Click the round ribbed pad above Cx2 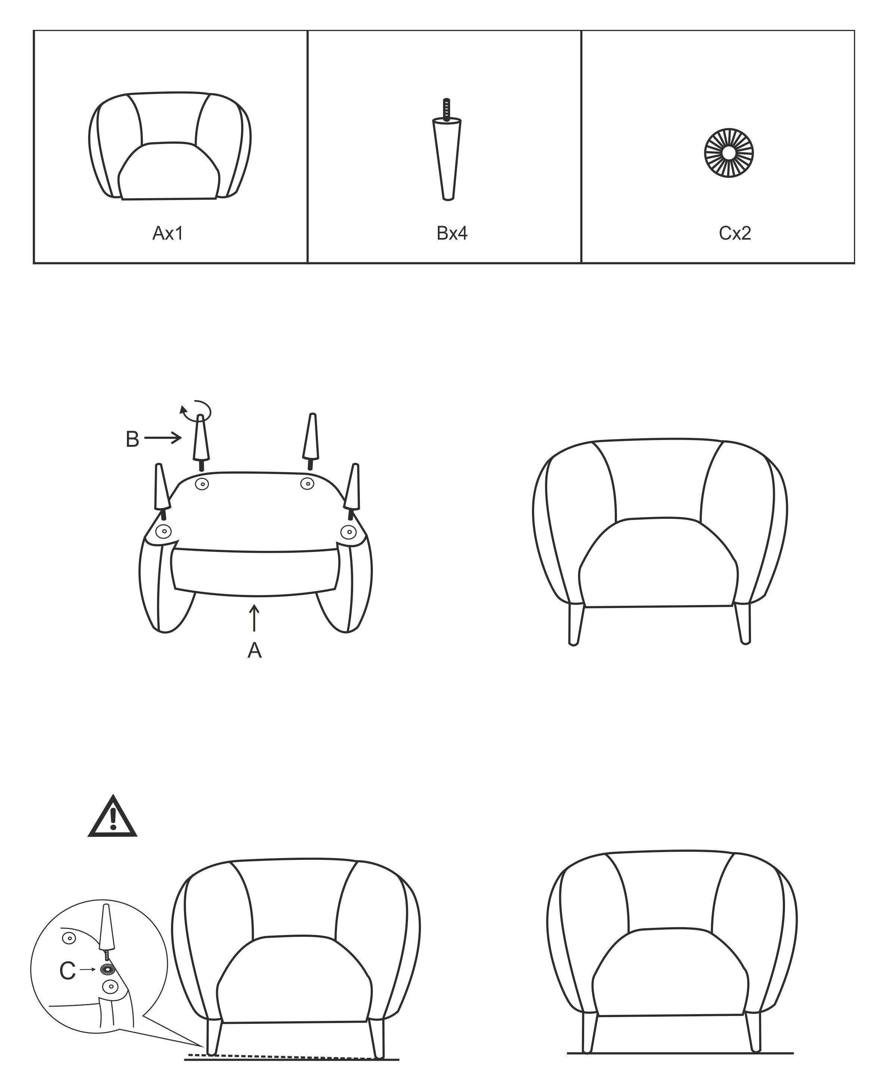pyautogui.click(x=729, y=153)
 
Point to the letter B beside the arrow pyautogui.click(x=132, y=439)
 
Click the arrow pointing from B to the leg pyautogui.click(x=163, y=437)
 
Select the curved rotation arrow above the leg pyautogui.click(x=198, y=409)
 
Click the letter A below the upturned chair pyautogui.click(x=255, y=651)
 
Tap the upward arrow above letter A pyautogui.click(x=255, y=618)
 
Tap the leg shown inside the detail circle pyautogui.click(x=106, y=929)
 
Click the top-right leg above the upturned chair pyautogui.click(x=310, y=440)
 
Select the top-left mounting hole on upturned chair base pyautogui.click(x=202, y=484)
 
